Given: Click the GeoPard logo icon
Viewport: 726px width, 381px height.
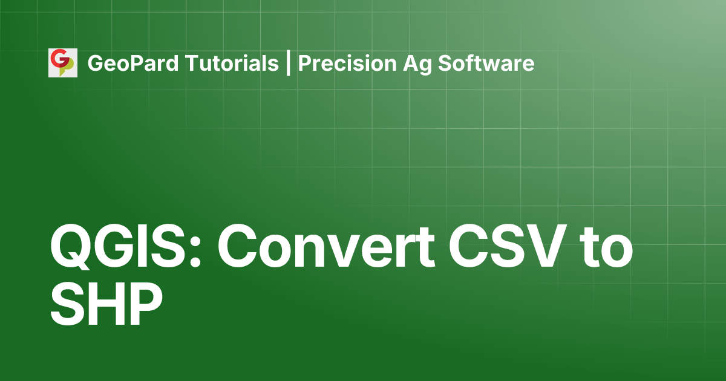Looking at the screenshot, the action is (63, 63).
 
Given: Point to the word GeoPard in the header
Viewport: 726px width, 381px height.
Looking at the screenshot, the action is (133, 63).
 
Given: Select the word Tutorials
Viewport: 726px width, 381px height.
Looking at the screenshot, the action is (232, 63).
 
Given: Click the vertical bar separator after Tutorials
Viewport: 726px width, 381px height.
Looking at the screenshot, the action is (288, 63).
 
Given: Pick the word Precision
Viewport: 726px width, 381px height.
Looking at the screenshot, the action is (347, 63).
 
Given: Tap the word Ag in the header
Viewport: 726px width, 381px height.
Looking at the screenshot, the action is (417, 65).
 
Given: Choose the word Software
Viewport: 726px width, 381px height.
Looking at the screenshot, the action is (486, 63).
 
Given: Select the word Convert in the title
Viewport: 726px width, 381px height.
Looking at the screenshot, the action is (326, 247).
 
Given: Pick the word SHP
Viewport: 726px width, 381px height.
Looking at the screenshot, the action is (106, 304).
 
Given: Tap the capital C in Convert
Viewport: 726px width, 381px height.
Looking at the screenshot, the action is (238, 246).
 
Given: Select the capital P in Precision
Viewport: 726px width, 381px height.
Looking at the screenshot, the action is (305, 63).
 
